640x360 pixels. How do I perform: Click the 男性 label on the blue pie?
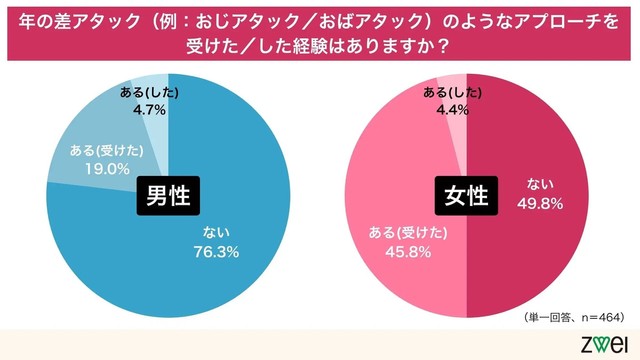point(168,195)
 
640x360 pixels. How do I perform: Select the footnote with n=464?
point(571,316)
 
